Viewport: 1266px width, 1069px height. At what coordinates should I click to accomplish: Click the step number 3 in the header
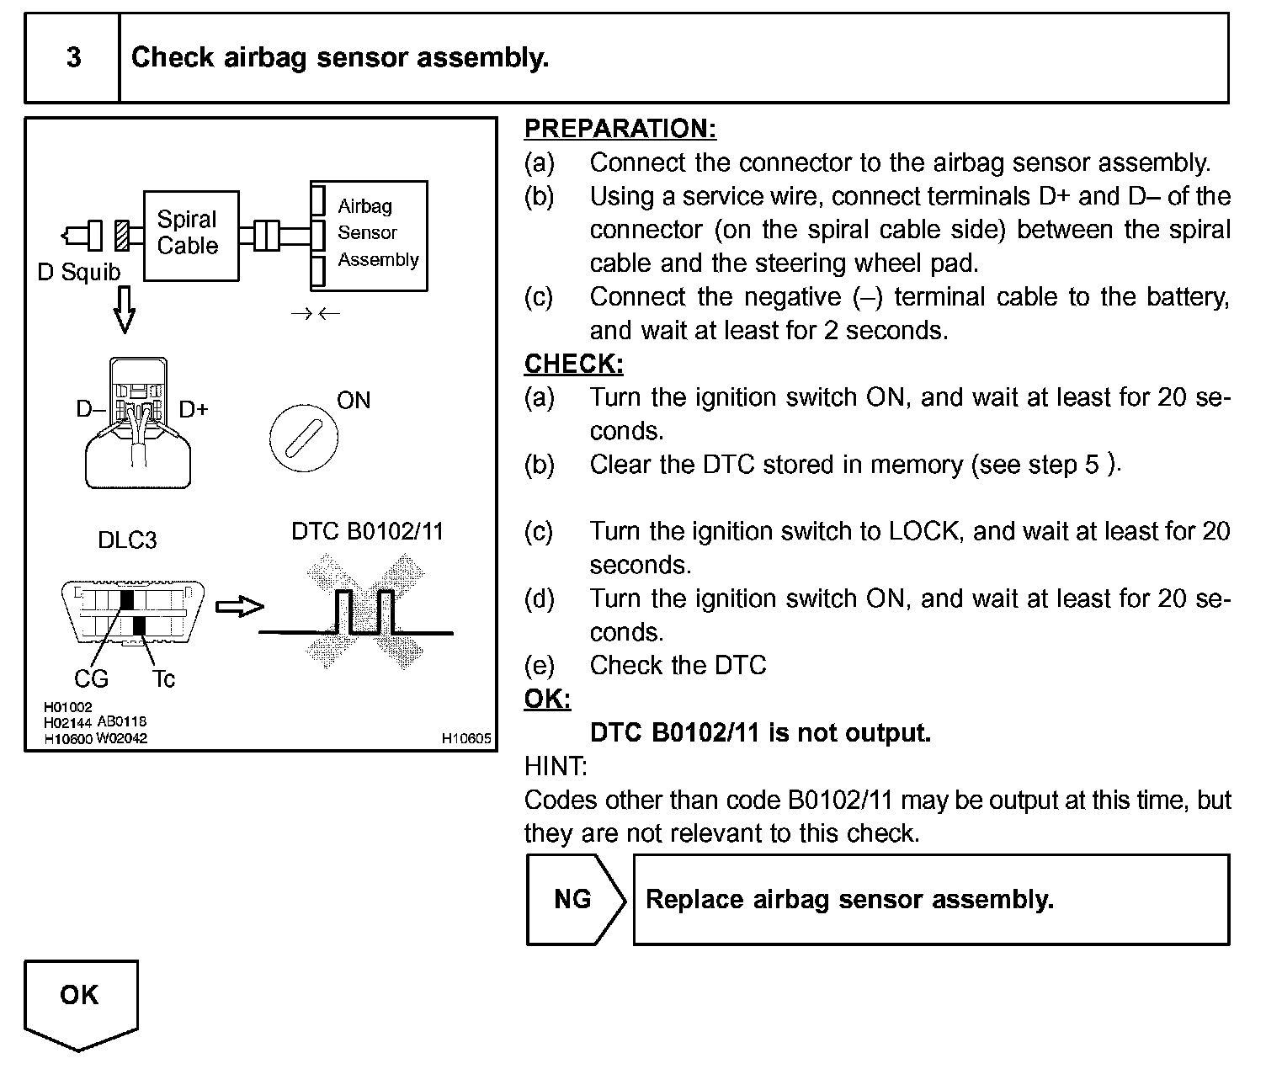click(x=73, y=57)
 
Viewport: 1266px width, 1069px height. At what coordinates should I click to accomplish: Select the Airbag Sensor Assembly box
click(x=370, y=236)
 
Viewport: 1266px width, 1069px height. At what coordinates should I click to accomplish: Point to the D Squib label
click(x=79, y=273)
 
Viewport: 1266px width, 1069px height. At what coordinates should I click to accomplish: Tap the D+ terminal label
click(x=194, y=409)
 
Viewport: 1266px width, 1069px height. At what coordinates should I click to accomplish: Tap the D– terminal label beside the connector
click(x=89, y=409)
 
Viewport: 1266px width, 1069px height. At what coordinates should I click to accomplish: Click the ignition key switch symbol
click(x=303, y=437)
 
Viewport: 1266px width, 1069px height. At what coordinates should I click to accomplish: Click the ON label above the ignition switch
click(x=354, y=401)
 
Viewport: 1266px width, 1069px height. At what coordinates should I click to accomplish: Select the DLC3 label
click(x=127, y=540)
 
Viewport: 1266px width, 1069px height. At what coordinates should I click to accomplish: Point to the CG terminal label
click(x=91, y=678)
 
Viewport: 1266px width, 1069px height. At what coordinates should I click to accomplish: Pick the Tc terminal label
click(x=163, y=678)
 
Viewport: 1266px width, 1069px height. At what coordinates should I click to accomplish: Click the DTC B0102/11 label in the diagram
click(x=367, y=532)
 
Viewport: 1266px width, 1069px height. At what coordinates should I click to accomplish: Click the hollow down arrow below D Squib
click(x=124, y=310)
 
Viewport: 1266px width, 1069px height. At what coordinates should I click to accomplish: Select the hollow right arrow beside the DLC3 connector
click(x=240, y=606)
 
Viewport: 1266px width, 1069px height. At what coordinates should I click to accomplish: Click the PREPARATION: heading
click(x=620, y=129)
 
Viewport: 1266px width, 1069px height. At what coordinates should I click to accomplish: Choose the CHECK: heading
click(x=574, y=364)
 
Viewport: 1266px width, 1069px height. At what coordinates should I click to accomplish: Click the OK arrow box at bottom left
click(x=80, y=1002)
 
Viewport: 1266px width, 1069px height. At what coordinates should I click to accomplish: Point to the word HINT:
click(x=556, y=766)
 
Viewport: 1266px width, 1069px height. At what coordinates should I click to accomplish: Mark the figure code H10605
click(x=466, y=738)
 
